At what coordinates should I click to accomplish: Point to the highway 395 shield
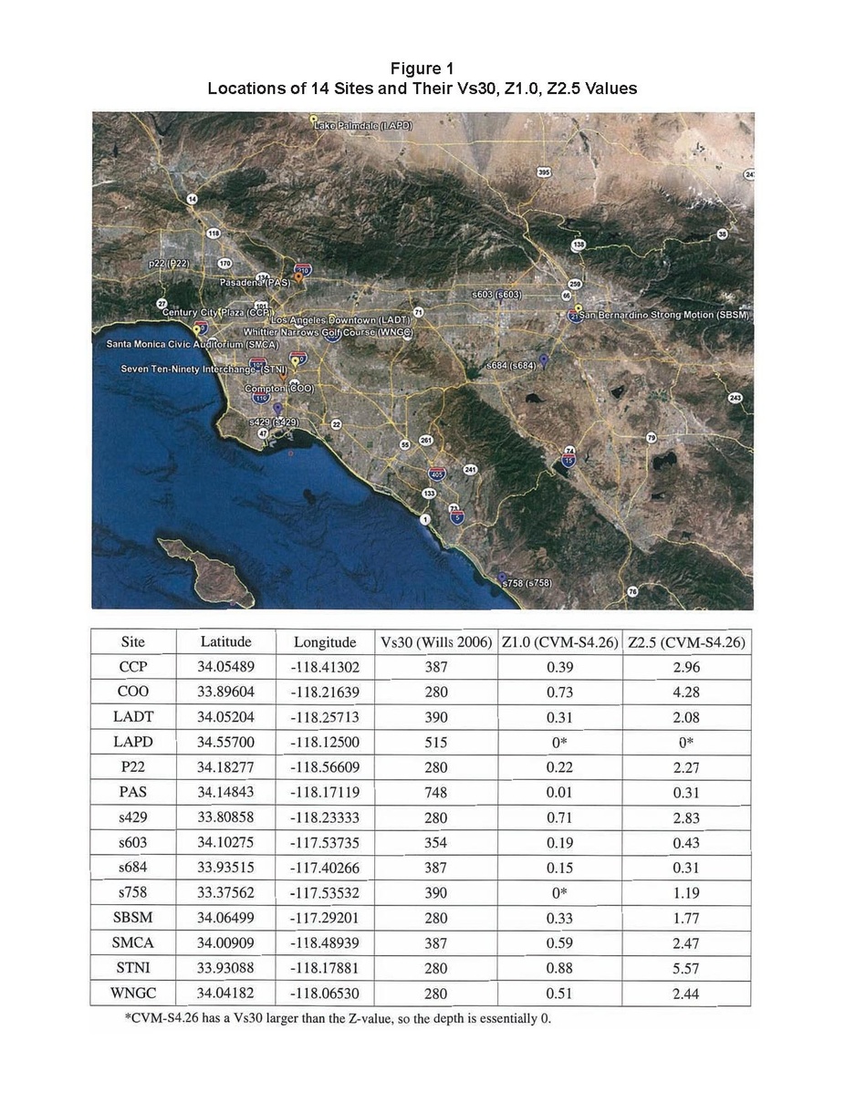[x=544, y=171]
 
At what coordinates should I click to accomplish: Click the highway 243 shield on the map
[x=735, y=398]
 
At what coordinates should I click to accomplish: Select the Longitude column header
[x=325, y=642]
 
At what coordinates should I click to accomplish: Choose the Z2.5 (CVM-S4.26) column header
[x=687, y=642]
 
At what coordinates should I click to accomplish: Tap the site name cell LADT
[x=133, y=717]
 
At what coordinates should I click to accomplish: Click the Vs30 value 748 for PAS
[x=436, y=793]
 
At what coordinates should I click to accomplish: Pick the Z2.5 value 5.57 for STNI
[x=685, y=969]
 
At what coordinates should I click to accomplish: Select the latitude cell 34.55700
[x=225, y=743]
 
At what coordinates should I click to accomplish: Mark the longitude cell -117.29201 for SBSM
[x=325, y=919]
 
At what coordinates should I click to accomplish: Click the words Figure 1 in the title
[x=422, y=69]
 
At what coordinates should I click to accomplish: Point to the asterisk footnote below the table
[x=339, y=1018]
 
